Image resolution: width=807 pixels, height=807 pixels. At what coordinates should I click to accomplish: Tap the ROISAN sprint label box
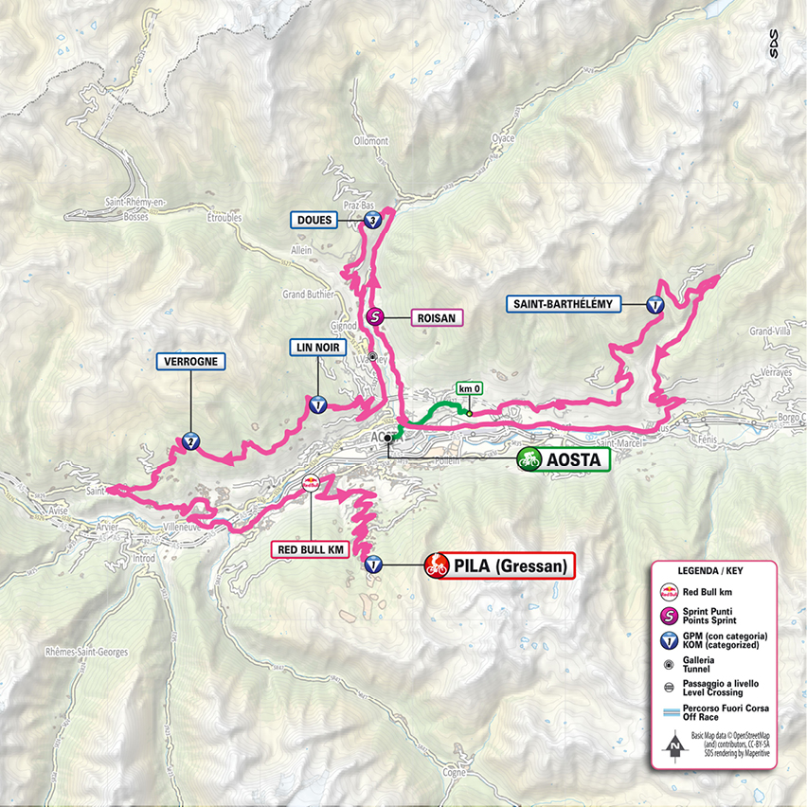438,318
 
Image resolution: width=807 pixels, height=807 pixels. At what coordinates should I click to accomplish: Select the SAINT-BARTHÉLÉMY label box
565,304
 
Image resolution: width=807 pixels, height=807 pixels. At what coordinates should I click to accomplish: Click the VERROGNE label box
190,361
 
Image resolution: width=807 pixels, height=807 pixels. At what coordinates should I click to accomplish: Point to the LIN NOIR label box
317,348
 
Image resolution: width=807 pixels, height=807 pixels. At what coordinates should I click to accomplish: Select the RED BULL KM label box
311,548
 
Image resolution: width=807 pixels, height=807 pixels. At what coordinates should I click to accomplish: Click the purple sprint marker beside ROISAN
374,318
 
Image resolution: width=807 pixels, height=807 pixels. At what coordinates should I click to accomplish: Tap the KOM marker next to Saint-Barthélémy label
655,305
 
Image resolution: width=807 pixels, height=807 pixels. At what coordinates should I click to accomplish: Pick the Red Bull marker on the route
310,484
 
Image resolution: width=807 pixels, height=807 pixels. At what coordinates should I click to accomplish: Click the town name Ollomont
370,141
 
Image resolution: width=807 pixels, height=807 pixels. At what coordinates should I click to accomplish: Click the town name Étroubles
224,217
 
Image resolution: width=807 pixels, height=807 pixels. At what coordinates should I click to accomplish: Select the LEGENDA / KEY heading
712,571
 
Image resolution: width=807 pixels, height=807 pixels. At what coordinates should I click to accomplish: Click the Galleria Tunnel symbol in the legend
667,663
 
